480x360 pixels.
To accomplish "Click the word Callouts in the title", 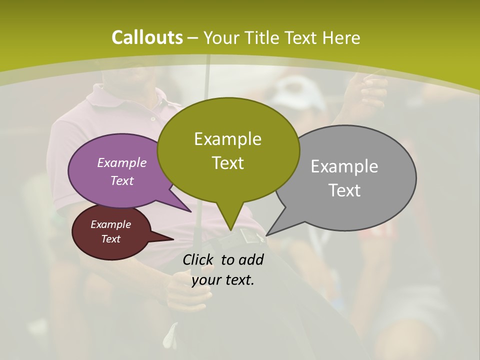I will pyautogui.click(x=147, y=37).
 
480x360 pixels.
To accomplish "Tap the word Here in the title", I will pyautogui.click(x=341, y=38).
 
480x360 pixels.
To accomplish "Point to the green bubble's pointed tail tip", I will pyautogui.click(x=231, y=230).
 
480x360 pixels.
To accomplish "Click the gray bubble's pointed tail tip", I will pyautogui.click(x=267, y=235).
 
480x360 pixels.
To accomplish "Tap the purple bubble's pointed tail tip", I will pyautogui.click(x=191, y=211).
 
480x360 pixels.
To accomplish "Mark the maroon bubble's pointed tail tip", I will pyautogui.click(x=173, y=239).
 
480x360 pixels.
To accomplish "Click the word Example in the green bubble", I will pyautogui.click(x=227, y=139).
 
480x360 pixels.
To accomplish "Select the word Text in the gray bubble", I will pyautogui.click(x=344, y=190).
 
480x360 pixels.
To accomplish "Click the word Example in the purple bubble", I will pyautogui.click(x=121, y=163).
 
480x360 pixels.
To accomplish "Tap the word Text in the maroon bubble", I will pyautogui.click(x=110, y=239).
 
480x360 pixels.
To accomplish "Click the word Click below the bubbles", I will pyautogui.click(x=199, y=260).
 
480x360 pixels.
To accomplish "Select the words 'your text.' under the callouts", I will pyautogui.click(x=223, y=280).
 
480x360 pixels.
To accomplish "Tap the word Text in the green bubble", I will pyautogui.click(x=228, y=163).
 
